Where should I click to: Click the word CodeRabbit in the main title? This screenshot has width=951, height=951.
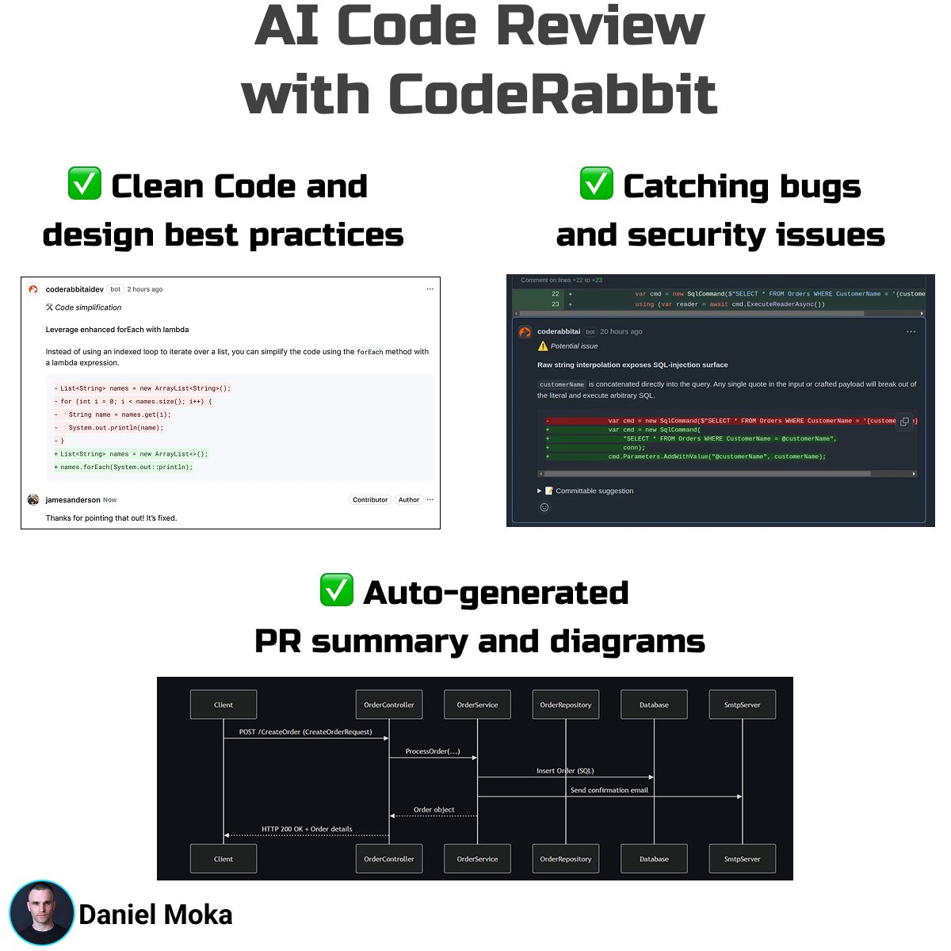[552, 95]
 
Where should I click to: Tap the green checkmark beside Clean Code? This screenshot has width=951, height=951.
[84, 184]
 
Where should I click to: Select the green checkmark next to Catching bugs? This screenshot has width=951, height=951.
[596, 184]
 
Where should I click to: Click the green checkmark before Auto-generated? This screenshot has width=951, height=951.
[336, 590]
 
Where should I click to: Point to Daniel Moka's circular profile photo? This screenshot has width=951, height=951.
[41, 913]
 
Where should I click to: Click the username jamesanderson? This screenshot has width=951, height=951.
[73, 500]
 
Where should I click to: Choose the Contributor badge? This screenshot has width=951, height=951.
[370, 500]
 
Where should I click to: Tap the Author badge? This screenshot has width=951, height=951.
[409, 500]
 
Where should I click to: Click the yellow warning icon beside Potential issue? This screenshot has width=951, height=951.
[543, 346]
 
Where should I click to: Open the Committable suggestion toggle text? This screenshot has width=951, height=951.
[594, 491]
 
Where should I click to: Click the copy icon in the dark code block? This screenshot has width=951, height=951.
[904, 422]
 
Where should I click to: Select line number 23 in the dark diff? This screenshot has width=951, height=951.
[556, 304]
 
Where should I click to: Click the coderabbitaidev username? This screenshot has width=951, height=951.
[74, 289]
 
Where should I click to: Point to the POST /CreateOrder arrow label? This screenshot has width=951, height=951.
[305, 732]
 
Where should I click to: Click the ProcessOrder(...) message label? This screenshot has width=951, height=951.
[432, 751]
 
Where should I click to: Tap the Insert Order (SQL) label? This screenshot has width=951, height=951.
[564, 770]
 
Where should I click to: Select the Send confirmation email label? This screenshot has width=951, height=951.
[609, 790]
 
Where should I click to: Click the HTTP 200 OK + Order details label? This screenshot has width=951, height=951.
[307, 829]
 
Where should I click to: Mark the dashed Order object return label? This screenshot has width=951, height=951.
[433, 810]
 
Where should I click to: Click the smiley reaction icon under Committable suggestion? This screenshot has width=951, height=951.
[544, 507]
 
